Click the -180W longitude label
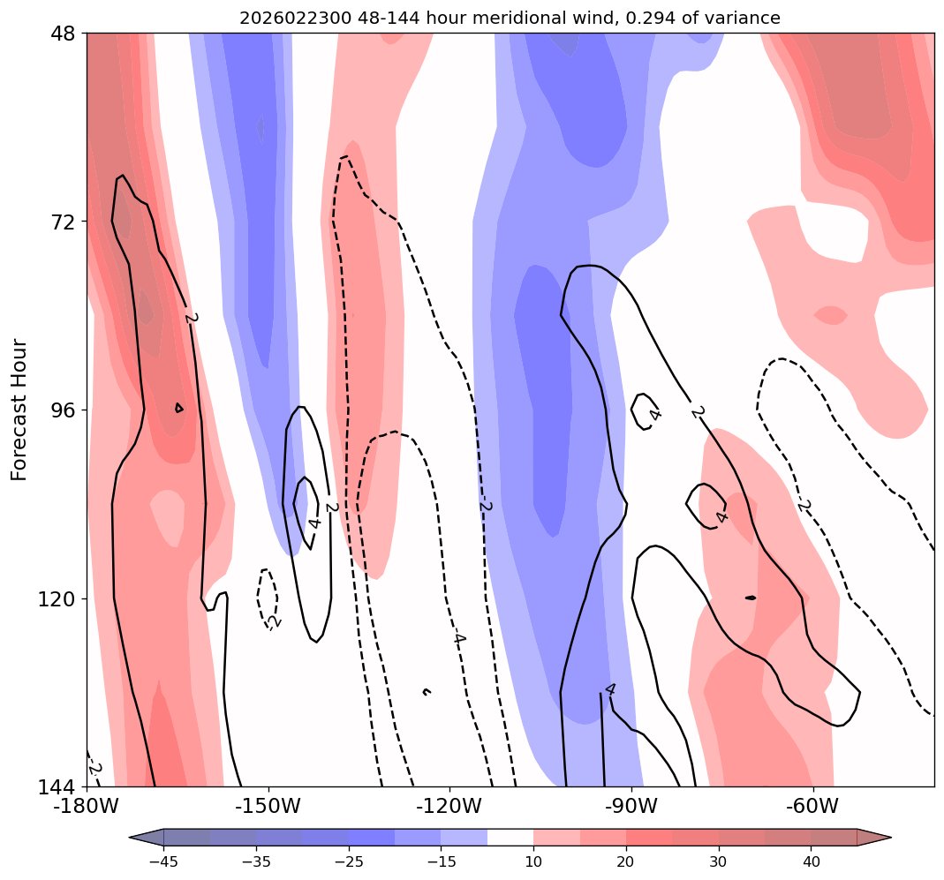click(87, 807)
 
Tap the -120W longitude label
click(449, 807)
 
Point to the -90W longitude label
click(631, 807)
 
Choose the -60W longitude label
click(812, 807)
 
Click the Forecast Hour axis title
click(19, 410)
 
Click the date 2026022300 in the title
click(283, 18)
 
